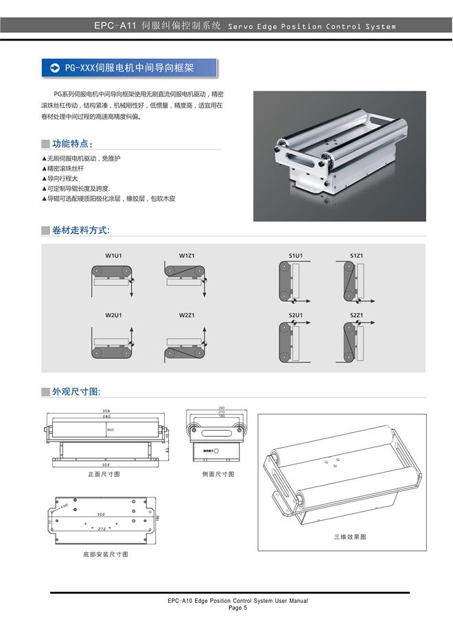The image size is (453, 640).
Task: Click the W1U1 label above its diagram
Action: point(113,256)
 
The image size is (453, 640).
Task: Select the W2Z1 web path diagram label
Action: point(187,316)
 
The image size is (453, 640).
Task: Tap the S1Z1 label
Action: point(356,256)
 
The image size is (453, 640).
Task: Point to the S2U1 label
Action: point(296,316)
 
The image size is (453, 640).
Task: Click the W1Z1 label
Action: point(187,256)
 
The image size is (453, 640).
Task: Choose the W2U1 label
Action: point(113,316)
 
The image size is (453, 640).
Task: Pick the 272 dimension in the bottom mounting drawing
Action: point(102,529)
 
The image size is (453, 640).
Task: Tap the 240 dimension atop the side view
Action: point(222,407)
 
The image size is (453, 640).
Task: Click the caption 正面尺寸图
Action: point(104,474)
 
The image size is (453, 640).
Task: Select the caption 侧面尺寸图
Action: point(218,474)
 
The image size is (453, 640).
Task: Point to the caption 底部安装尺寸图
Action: point(105,554)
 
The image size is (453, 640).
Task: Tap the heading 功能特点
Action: point(72,144)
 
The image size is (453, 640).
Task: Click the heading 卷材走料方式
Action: point(80,230)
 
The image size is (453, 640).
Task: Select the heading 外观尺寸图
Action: point(76,392)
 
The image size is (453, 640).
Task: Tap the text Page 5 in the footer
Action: point(237,608)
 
